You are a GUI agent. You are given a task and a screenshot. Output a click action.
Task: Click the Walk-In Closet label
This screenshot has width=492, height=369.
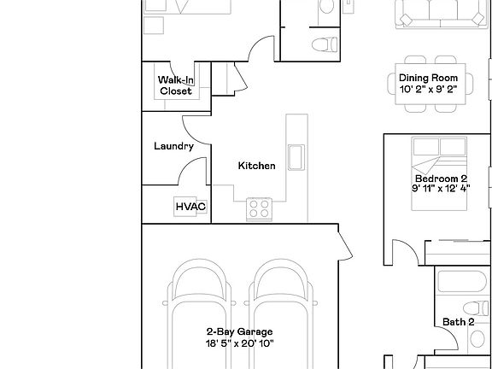coord(175,85)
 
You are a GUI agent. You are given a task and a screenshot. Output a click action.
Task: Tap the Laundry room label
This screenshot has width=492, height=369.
coord(173,146)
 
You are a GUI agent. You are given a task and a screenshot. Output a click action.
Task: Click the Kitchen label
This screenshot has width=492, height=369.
coord(256,166)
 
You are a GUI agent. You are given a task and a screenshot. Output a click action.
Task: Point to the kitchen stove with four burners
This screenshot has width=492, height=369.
coord(259,208)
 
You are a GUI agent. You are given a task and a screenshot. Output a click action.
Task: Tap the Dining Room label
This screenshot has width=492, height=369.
coord(434,79)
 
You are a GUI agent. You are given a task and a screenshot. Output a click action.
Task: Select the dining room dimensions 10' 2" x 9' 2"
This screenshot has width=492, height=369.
coord(434,90)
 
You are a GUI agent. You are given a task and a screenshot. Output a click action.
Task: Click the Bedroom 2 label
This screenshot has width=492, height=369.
coord(441,179)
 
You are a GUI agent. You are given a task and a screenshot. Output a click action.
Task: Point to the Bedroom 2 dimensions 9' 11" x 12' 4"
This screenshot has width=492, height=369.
coord(441,190)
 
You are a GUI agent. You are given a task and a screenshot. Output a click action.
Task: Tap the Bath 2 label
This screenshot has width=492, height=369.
coord(458,322)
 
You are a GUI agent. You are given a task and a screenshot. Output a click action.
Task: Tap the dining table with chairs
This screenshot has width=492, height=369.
coord(434,84)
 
